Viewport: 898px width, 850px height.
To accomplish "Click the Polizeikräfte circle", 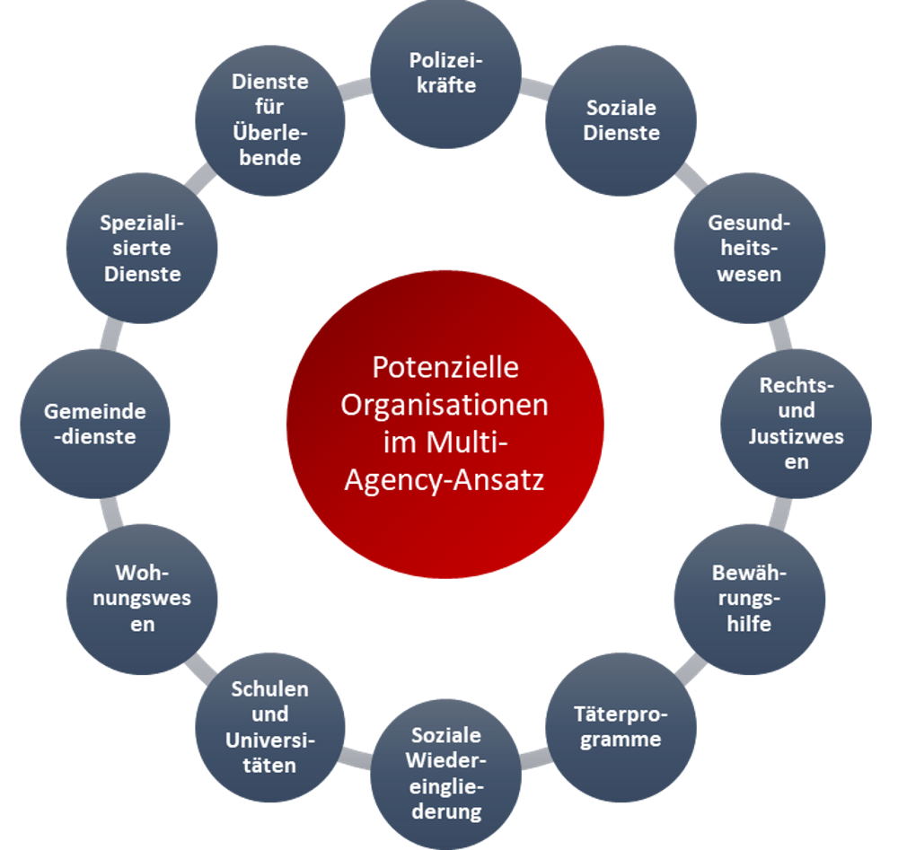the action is (445, 74).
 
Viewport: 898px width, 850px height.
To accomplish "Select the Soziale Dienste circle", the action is (621, 120).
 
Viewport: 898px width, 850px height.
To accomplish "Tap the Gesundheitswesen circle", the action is (749, 249).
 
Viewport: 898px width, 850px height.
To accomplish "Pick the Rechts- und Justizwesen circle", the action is (796, 424).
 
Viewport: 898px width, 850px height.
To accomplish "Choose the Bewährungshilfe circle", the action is (749, 599).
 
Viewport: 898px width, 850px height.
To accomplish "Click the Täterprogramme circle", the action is (621, 727).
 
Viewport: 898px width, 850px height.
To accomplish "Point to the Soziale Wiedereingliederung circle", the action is (445, 774).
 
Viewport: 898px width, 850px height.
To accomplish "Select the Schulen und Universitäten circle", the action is (270, 727).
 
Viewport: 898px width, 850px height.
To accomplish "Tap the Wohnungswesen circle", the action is (142, 599).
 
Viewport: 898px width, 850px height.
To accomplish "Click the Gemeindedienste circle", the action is (95, 424).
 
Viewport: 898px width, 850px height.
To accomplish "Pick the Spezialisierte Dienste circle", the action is (142, 249).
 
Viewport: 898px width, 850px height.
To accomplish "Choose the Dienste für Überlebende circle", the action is (270, 120).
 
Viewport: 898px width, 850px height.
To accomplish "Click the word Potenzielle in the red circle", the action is (445, 367).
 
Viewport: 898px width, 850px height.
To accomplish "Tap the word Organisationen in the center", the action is (445, 405).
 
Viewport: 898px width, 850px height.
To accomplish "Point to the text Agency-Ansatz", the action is (445, 479).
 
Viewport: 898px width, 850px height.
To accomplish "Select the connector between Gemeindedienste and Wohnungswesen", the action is (111, 512).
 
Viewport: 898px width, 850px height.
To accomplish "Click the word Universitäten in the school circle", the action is (269, 752).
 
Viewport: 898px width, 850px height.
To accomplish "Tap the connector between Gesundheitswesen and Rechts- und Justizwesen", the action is (780, 336).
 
